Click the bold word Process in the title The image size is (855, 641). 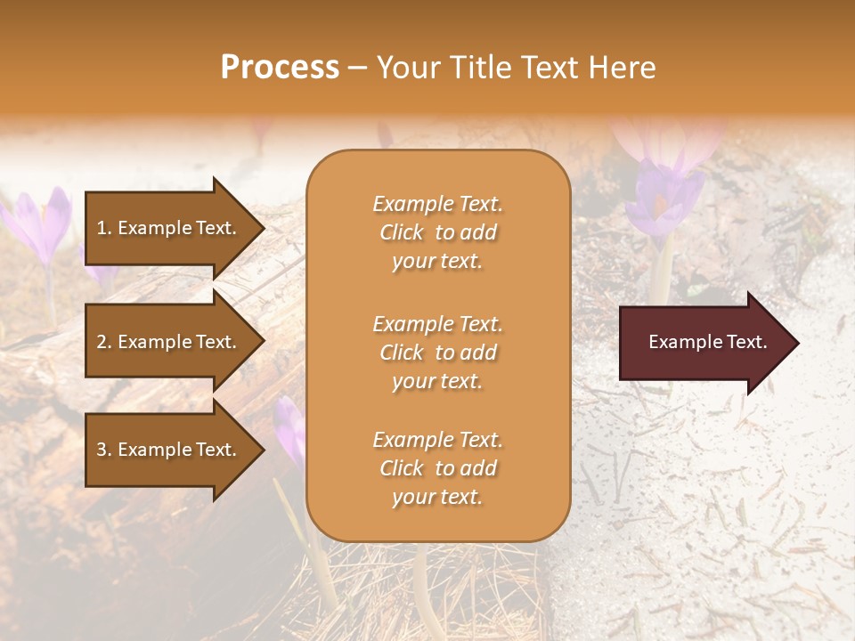coord(280,68)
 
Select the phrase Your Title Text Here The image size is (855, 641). coord(517,68)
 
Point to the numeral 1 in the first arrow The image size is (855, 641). coord(102,228)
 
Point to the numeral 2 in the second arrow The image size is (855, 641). coord(102,342)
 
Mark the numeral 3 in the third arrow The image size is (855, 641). coord(102,450)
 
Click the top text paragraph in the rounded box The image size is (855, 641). coord(437,232)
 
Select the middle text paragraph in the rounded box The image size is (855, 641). coord(437,353)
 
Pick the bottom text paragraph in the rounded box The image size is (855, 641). coord(437,468)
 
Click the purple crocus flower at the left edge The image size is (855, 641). coord(40,223)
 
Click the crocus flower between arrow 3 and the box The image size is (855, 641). coord(289,427)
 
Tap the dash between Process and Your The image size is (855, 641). coord(358,69)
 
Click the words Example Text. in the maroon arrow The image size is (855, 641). coord(707,342)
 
